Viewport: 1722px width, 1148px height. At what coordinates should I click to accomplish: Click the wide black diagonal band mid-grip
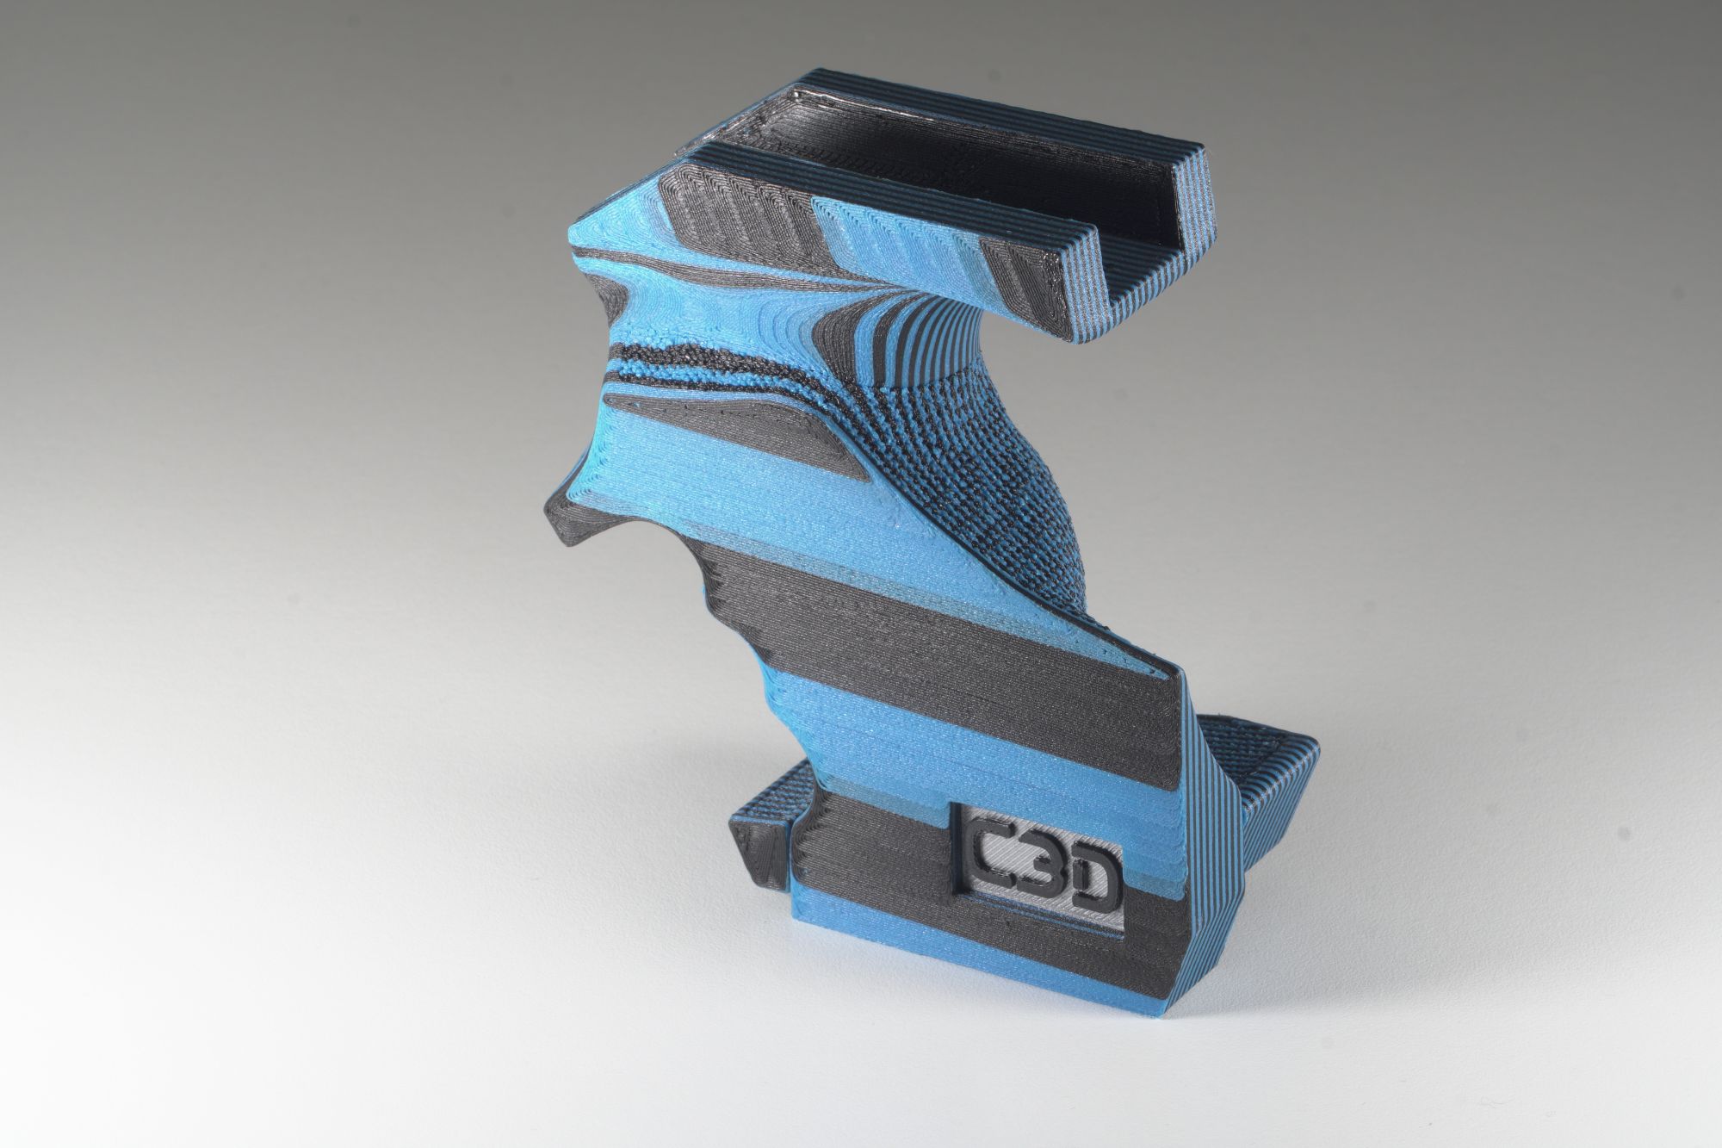click(861, 620)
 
